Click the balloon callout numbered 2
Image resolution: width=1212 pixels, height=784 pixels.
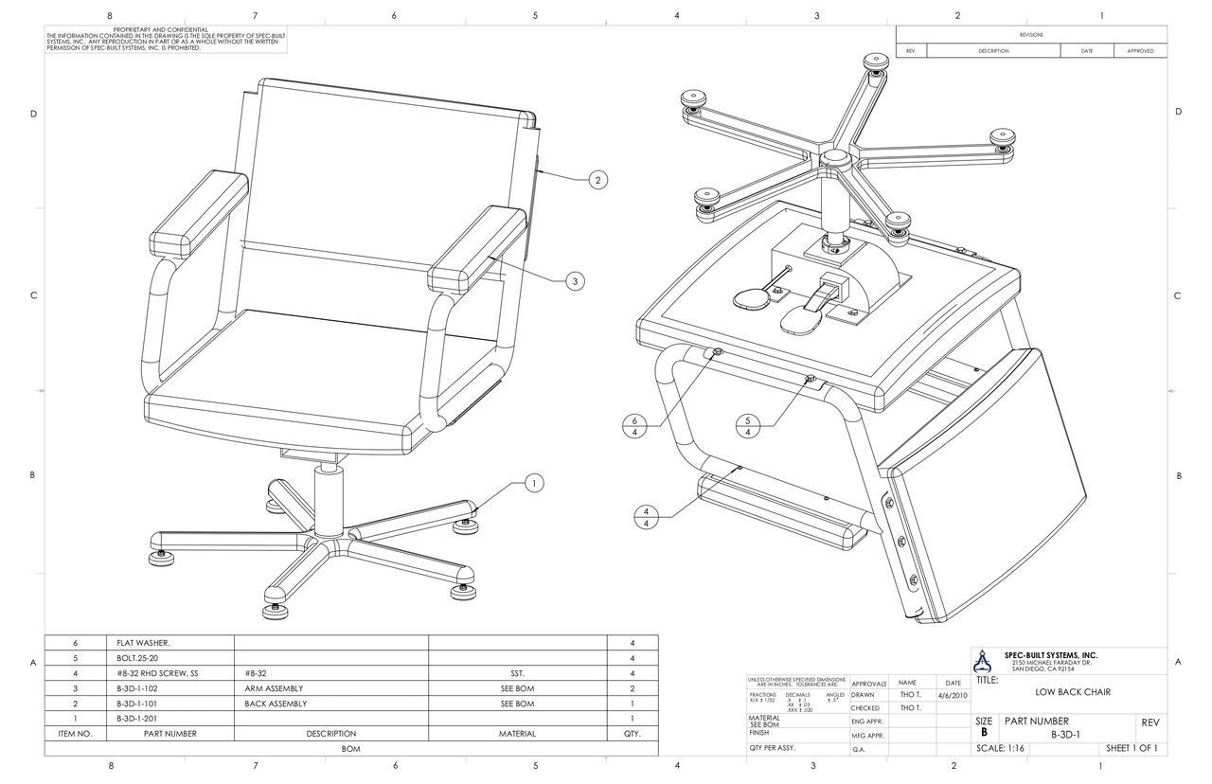[598, 180]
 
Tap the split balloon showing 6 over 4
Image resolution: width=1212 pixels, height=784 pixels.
[634, 426]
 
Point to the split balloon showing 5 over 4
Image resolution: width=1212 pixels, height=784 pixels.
[748, 426]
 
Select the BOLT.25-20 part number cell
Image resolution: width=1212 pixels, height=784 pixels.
[139, 658]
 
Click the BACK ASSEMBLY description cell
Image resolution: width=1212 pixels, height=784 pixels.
[276, 704]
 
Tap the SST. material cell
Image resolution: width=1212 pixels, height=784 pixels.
[517, 673]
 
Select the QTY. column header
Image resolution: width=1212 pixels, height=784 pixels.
[632, 734]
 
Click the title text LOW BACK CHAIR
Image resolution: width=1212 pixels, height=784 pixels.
[1073, 692]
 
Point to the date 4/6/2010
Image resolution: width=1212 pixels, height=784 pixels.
[953, 695]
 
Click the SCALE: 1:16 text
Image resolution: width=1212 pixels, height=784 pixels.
[1000, 748]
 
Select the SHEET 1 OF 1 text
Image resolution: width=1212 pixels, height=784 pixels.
[1132, 748]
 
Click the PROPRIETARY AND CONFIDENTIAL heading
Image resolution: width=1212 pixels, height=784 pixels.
[160, 30]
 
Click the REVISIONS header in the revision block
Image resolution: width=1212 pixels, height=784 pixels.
[1031, 34]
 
